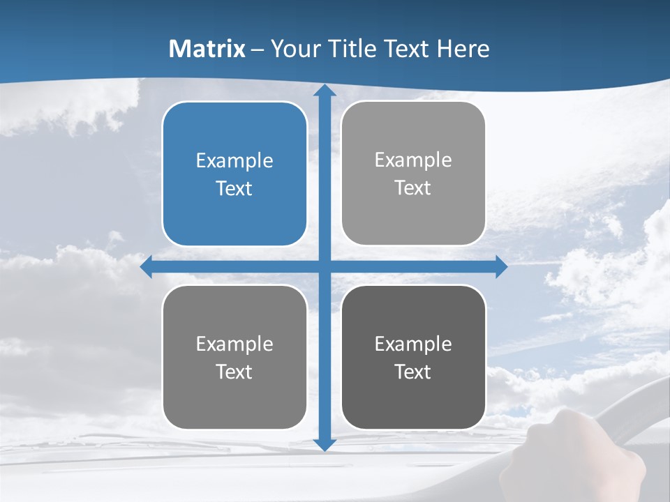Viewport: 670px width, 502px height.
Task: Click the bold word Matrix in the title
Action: (x=207, y=49)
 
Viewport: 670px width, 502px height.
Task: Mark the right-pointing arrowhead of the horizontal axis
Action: (x=500, y=267)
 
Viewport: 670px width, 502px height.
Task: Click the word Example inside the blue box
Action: (x=234, y=160)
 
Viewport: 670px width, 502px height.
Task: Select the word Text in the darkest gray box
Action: (x=413, y=372)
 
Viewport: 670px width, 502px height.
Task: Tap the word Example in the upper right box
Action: (x=413, y=160)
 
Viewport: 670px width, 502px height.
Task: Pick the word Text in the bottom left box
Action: (x=234, y=372)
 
